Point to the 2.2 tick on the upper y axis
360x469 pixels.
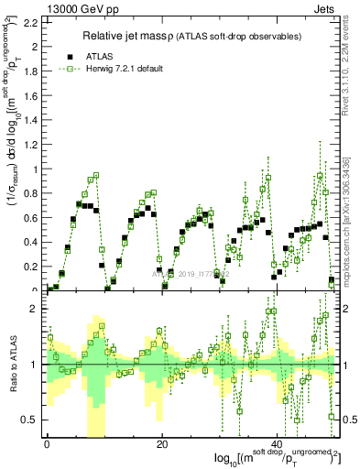point(30,22)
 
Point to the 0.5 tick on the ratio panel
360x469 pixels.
point(30,420)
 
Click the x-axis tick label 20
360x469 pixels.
point(162,444)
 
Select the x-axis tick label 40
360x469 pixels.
point(278,444)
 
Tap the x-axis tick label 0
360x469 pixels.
point(47,444)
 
